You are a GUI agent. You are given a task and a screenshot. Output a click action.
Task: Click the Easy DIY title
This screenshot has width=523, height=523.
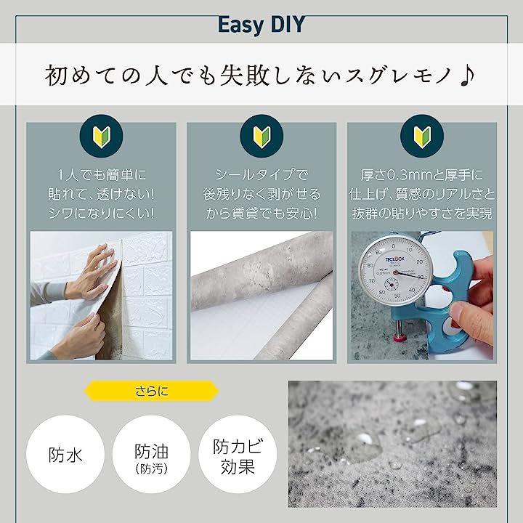(261, 25)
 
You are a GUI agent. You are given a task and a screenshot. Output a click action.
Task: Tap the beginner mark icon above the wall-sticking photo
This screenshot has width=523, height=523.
(101, 136)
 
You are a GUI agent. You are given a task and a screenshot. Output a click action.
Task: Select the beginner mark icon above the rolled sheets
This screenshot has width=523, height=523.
(261, 136)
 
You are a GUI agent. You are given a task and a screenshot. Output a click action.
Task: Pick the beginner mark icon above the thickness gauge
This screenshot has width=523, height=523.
(422, 136)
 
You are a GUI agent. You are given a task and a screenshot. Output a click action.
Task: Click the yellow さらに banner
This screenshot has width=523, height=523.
(152, 391)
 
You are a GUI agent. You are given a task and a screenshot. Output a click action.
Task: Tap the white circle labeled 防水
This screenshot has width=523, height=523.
(65, 454)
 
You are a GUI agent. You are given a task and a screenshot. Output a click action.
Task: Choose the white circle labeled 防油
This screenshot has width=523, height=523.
(151, 454)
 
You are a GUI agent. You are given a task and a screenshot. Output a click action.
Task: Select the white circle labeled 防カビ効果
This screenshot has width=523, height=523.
(238, 454)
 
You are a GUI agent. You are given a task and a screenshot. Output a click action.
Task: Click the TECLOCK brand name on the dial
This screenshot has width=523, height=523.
(395, 259)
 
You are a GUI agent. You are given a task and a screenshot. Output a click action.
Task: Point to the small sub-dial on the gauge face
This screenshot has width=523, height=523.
(391, 285)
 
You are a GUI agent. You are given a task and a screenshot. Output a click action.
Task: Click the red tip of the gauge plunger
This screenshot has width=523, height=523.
(398, 337)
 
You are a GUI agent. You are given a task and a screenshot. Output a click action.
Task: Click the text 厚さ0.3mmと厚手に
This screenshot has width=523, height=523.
(421, 175)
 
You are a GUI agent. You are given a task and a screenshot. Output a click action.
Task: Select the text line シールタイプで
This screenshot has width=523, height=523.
(261, 175)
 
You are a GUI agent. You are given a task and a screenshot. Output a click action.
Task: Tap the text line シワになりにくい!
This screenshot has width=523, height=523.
(101, 213)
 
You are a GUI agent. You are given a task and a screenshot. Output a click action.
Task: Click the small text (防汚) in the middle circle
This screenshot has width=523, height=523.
(151, 469)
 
